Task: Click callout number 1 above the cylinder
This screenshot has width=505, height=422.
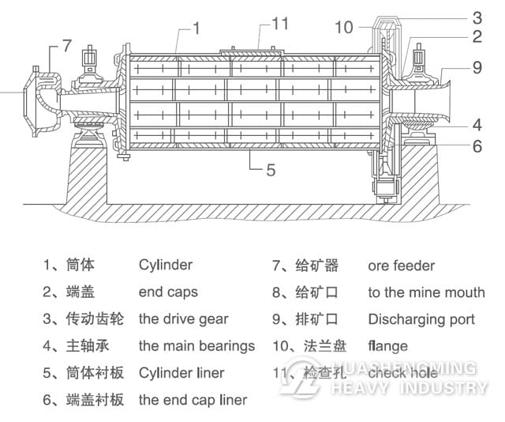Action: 196,28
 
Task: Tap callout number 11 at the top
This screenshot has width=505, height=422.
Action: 280,23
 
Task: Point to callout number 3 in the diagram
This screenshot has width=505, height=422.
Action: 477,17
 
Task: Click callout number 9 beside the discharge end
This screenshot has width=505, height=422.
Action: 477,68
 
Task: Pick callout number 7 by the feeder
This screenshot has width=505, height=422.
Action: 67,45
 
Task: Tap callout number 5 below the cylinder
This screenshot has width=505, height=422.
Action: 270,168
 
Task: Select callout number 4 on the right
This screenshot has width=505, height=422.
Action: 477,125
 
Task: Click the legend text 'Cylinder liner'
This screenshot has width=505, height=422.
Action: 181,373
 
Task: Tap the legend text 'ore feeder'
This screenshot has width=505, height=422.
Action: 401,266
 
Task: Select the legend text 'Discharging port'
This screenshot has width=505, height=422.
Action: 421,319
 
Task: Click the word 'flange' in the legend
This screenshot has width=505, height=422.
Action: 388,346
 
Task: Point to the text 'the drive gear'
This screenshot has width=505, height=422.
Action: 183,319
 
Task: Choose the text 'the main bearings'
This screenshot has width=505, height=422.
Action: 196,346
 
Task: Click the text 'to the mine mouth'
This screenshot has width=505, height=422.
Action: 426,292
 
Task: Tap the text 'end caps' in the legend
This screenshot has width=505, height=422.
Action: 168,292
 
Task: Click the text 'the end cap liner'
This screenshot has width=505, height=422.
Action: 193,400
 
